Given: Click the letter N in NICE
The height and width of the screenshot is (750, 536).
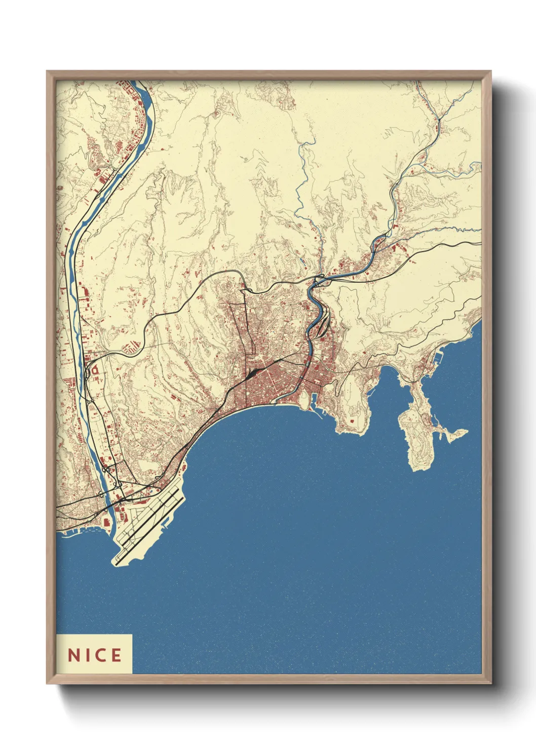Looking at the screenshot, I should (x=73, y=655).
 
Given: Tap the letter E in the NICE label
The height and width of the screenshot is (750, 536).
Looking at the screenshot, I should (x=116, y=655).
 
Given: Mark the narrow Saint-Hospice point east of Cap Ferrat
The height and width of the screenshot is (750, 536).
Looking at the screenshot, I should (x=456, y=434).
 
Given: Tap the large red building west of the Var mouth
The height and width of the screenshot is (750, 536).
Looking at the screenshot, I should (x=107, y=521).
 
